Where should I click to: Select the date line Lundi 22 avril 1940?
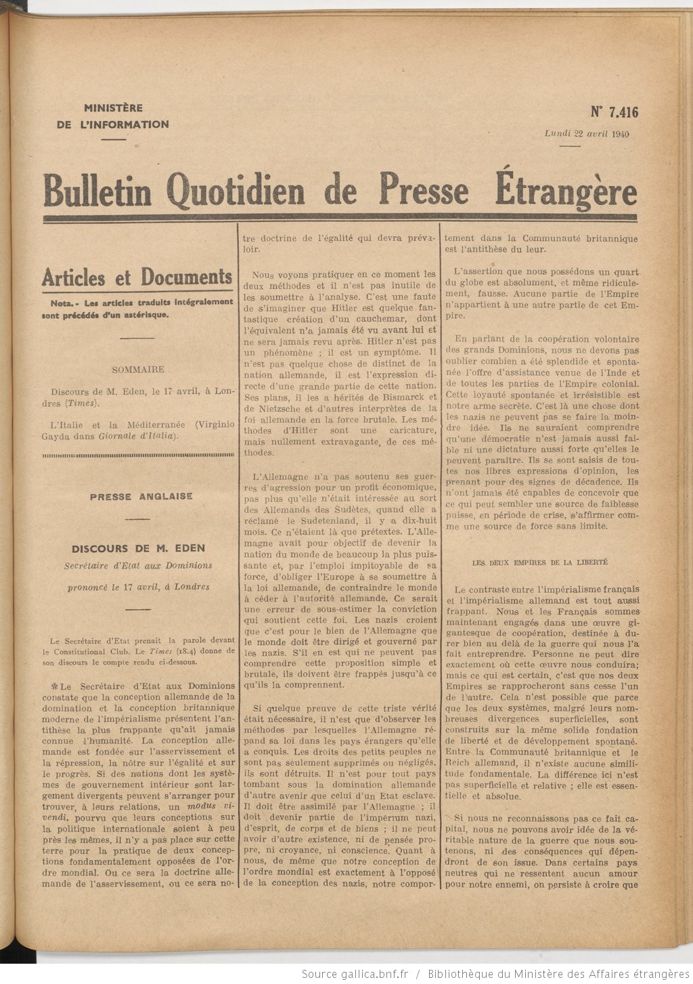click(587, 133)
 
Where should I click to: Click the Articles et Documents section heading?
click(137, 277)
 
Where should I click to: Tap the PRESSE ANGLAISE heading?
click(141, 496)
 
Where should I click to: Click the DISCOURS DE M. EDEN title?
click(138, 548)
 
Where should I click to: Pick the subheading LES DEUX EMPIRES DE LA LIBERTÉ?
click(535, 562)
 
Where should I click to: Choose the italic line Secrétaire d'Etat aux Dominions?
click(138, 565)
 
